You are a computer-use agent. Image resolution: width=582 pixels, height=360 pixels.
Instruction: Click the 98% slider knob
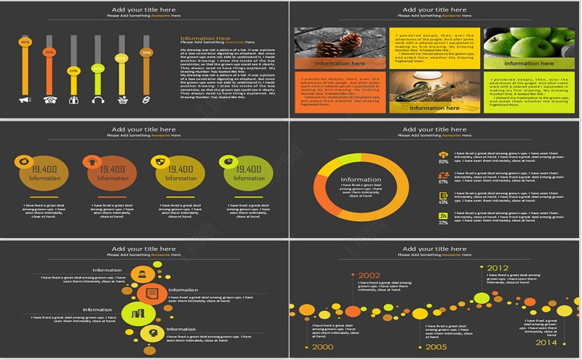25,42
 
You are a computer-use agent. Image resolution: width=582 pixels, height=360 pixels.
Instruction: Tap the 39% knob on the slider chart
73,71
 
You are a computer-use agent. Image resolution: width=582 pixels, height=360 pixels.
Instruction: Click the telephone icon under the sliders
50,99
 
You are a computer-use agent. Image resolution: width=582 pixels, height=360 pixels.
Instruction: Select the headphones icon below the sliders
97,99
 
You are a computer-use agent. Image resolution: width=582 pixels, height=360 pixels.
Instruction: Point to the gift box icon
73,99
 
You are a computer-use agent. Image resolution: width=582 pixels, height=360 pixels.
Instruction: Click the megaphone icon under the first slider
25,99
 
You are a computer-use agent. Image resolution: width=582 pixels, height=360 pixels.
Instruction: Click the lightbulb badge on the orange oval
92,161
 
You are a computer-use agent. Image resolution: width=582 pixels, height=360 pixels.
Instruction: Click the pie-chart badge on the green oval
228,161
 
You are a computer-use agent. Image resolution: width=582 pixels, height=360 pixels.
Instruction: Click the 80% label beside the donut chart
443,161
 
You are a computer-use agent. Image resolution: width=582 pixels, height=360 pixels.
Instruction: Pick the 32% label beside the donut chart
443,223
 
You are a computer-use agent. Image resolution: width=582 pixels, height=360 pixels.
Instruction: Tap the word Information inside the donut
361,180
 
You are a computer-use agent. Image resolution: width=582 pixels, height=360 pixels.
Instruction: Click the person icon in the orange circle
142,274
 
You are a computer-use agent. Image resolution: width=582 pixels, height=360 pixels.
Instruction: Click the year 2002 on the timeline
369,276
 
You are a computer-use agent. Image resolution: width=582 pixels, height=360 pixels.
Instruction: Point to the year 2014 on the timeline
546,342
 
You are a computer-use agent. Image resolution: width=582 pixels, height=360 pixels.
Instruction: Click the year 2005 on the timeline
436,347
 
